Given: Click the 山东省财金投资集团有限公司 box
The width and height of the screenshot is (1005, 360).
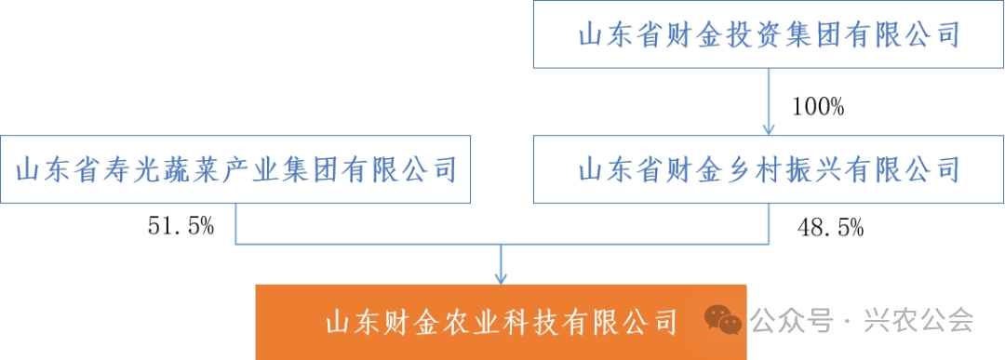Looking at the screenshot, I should point(768,35).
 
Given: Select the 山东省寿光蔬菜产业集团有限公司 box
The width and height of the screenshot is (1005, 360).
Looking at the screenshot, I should point(236,169).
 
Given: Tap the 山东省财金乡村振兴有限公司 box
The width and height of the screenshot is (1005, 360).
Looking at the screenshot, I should point(768,169).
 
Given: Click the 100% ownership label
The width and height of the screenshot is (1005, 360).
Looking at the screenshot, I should point(817,108).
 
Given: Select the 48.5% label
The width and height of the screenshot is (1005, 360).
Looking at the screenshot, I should point(831,226).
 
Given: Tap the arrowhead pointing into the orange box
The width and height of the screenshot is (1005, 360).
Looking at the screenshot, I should point(502,277).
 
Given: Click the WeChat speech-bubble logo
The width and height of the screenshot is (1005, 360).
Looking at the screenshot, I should point(724,320).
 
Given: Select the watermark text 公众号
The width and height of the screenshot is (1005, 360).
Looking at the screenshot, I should point(790,322).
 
